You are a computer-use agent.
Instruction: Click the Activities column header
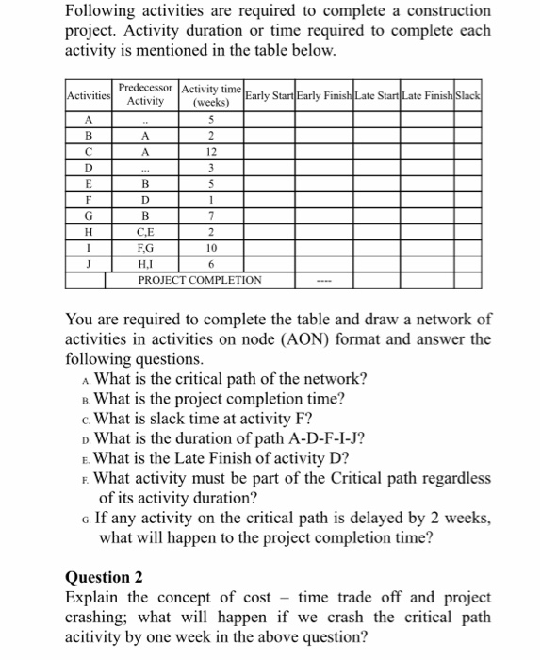pyautogui.click(x=90, y=97)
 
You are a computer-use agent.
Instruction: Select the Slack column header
pyautogui.click(x=468, y=97)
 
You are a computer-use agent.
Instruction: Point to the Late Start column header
pyautogui.click(x=377, y=97)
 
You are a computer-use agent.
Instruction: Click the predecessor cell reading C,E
pyautogui.click(x=145, y=232)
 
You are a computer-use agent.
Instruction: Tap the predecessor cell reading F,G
pyautogui.click(x=145, y=248)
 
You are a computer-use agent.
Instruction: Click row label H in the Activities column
pyautogui.click(x=90, y=232)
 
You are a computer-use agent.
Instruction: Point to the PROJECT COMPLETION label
pyautogui.click(x=200, y=280)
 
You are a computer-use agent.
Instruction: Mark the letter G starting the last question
pyautogui.click(x=88, y=520)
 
